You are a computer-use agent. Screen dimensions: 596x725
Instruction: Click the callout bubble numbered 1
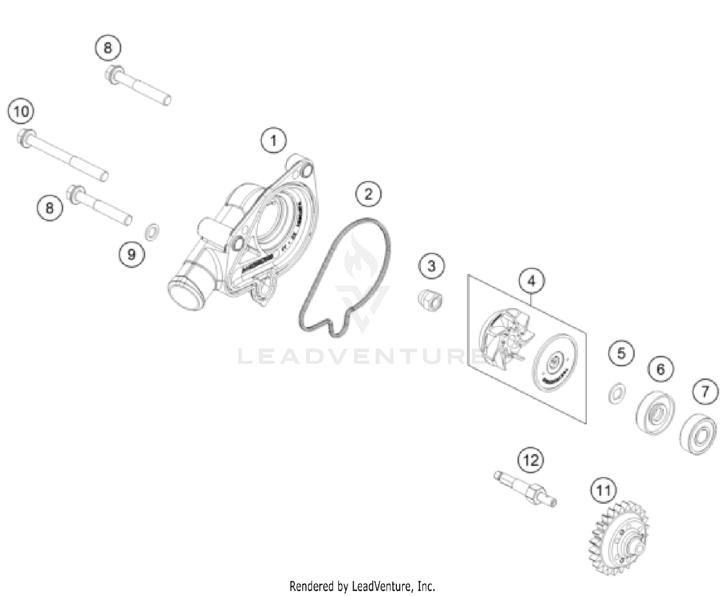point(274,141)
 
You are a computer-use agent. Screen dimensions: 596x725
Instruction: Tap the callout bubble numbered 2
point(368,194)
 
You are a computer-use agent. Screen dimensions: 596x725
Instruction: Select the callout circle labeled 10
point(21,112)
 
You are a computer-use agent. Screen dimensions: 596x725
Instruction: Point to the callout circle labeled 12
point(531,460)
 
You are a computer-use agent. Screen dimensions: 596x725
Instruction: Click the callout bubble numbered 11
point(603,491)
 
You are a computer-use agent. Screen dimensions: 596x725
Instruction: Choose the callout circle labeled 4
point(532,281)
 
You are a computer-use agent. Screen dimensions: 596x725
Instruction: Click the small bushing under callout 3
point(431,300)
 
